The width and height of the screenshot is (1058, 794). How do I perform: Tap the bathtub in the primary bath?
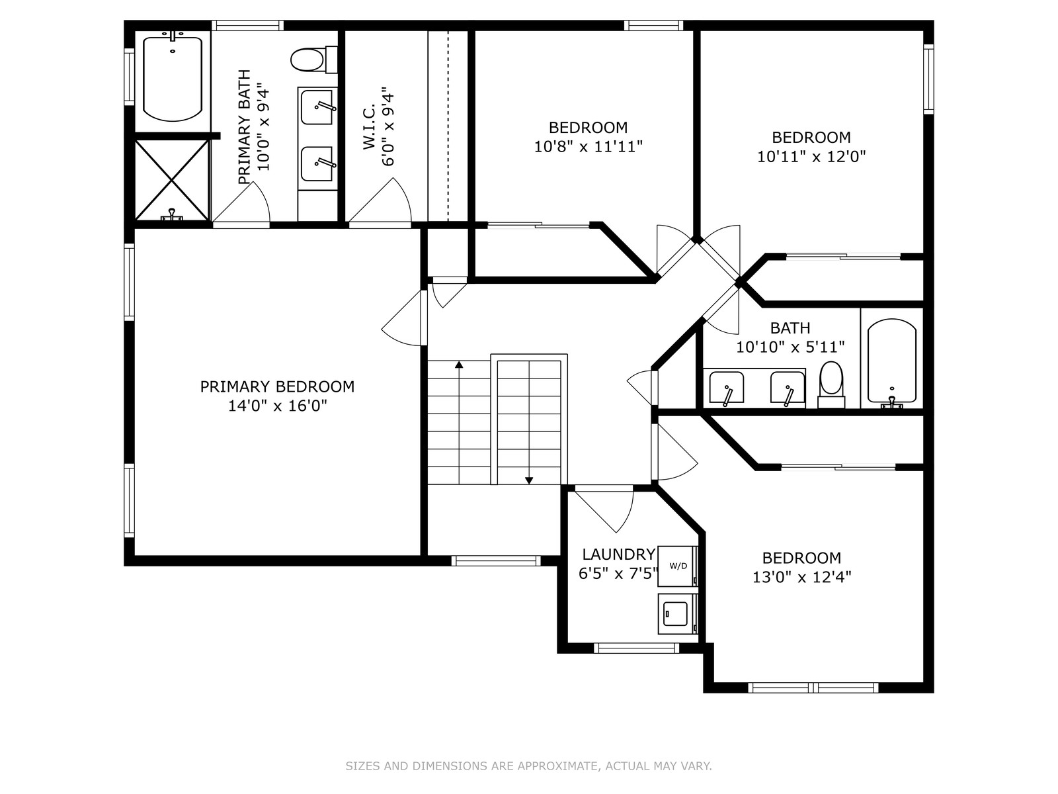173,79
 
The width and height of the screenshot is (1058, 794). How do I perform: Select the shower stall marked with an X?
172,181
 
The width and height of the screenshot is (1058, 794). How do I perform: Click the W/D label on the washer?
678,566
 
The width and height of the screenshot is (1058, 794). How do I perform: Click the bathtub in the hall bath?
892,361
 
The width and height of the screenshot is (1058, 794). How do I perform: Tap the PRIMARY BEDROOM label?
277,386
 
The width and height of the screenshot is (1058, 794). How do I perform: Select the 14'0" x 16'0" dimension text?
277,406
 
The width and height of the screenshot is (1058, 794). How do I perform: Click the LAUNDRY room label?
618,554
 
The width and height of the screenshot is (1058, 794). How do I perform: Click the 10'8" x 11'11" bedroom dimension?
588,146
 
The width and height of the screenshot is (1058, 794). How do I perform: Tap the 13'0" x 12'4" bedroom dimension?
801,577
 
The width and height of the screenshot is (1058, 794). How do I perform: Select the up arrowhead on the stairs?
459,365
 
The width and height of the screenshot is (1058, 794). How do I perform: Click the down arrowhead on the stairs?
529,480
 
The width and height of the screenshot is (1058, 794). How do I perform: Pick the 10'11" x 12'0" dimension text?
811,157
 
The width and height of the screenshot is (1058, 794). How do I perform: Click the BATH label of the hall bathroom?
790,328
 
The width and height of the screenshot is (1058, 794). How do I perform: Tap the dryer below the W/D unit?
677,614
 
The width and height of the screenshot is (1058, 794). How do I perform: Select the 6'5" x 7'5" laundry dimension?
618,574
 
